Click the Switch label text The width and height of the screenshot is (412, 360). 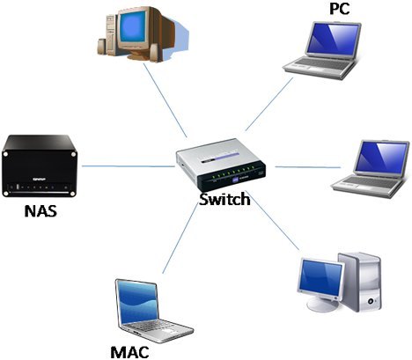click(224, 200)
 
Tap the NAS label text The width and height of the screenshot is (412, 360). click(40, 211)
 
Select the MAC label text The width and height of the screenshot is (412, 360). click(129, 352)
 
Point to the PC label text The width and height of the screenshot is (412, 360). click(340, 9)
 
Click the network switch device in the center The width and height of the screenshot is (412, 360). click(221, 165)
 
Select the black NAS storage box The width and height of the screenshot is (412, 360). click(40, 165)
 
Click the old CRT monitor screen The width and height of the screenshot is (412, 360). click(134, 26)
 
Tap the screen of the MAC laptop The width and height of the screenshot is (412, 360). click(137, 303)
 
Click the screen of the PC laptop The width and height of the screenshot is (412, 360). click(334, 39)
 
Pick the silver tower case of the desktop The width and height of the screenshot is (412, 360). click(361, 282)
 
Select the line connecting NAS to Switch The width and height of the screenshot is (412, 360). click(129, 166)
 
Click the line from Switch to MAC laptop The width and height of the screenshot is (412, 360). click(180, 239)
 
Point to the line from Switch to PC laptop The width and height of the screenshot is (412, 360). click(269, 104)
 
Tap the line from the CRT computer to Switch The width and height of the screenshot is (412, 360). click(166, 100)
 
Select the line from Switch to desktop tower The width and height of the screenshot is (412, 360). click(275, 221)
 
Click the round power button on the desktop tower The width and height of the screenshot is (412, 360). click(371, 301)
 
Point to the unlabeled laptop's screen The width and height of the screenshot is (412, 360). click(381, 158)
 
